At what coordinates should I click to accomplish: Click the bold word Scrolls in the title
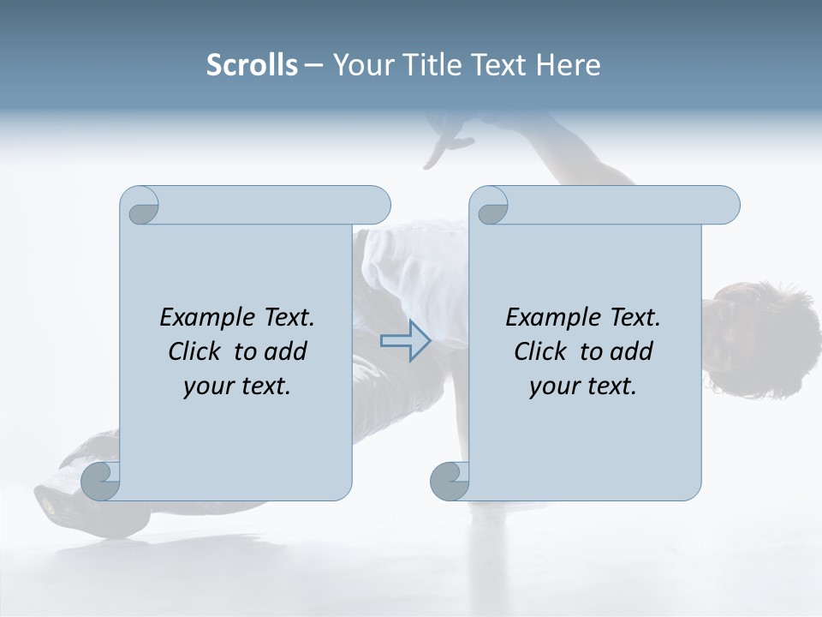pos(252,64)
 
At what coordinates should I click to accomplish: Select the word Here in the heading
pos(569,64)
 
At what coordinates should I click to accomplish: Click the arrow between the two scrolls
pos(405,341)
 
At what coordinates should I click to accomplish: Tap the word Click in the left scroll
pos(198,351)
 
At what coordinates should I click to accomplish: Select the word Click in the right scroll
pos(544,351)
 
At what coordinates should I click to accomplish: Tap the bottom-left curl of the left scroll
pos(99,481)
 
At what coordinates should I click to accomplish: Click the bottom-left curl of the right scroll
pos(449,481)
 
